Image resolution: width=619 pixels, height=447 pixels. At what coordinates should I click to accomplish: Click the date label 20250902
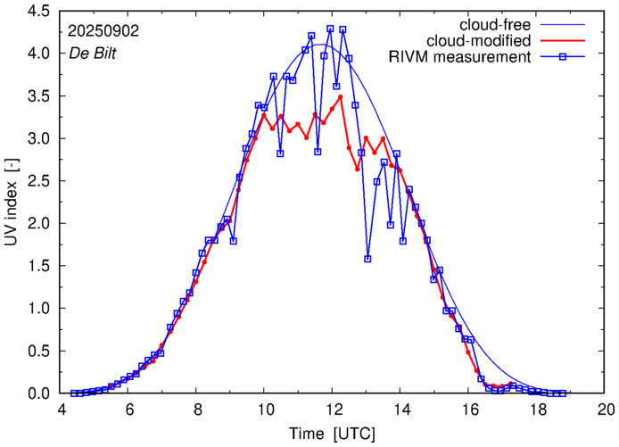click(103, 30)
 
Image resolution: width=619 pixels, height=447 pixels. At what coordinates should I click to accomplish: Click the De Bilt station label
click(94, 52)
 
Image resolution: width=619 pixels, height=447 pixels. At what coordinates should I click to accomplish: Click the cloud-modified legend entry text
click(480, 41)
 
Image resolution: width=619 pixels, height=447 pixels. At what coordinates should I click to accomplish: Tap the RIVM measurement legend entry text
click(460, 58)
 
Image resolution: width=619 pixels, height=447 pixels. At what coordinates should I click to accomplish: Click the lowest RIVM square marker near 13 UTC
click(367, 259)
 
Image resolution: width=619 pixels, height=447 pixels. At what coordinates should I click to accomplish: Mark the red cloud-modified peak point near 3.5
click(342, 96)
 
